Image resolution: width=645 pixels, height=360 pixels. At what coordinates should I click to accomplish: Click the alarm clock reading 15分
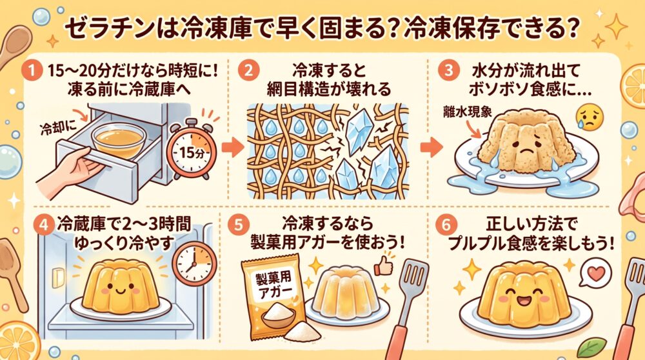pos(192,149)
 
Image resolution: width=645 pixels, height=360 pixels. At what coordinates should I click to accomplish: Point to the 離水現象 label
pos(467,112)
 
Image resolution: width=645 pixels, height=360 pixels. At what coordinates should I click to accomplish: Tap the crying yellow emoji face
pos(590,117)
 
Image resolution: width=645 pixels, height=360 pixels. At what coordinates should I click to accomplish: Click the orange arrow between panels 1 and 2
pos(233,147)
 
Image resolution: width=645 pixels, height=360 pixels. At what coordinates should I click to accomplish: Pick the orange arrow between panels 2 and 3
pos(431,147)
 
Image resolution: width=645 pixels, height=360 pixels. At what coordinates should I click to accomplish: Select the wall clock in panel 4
pos(194,264)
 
